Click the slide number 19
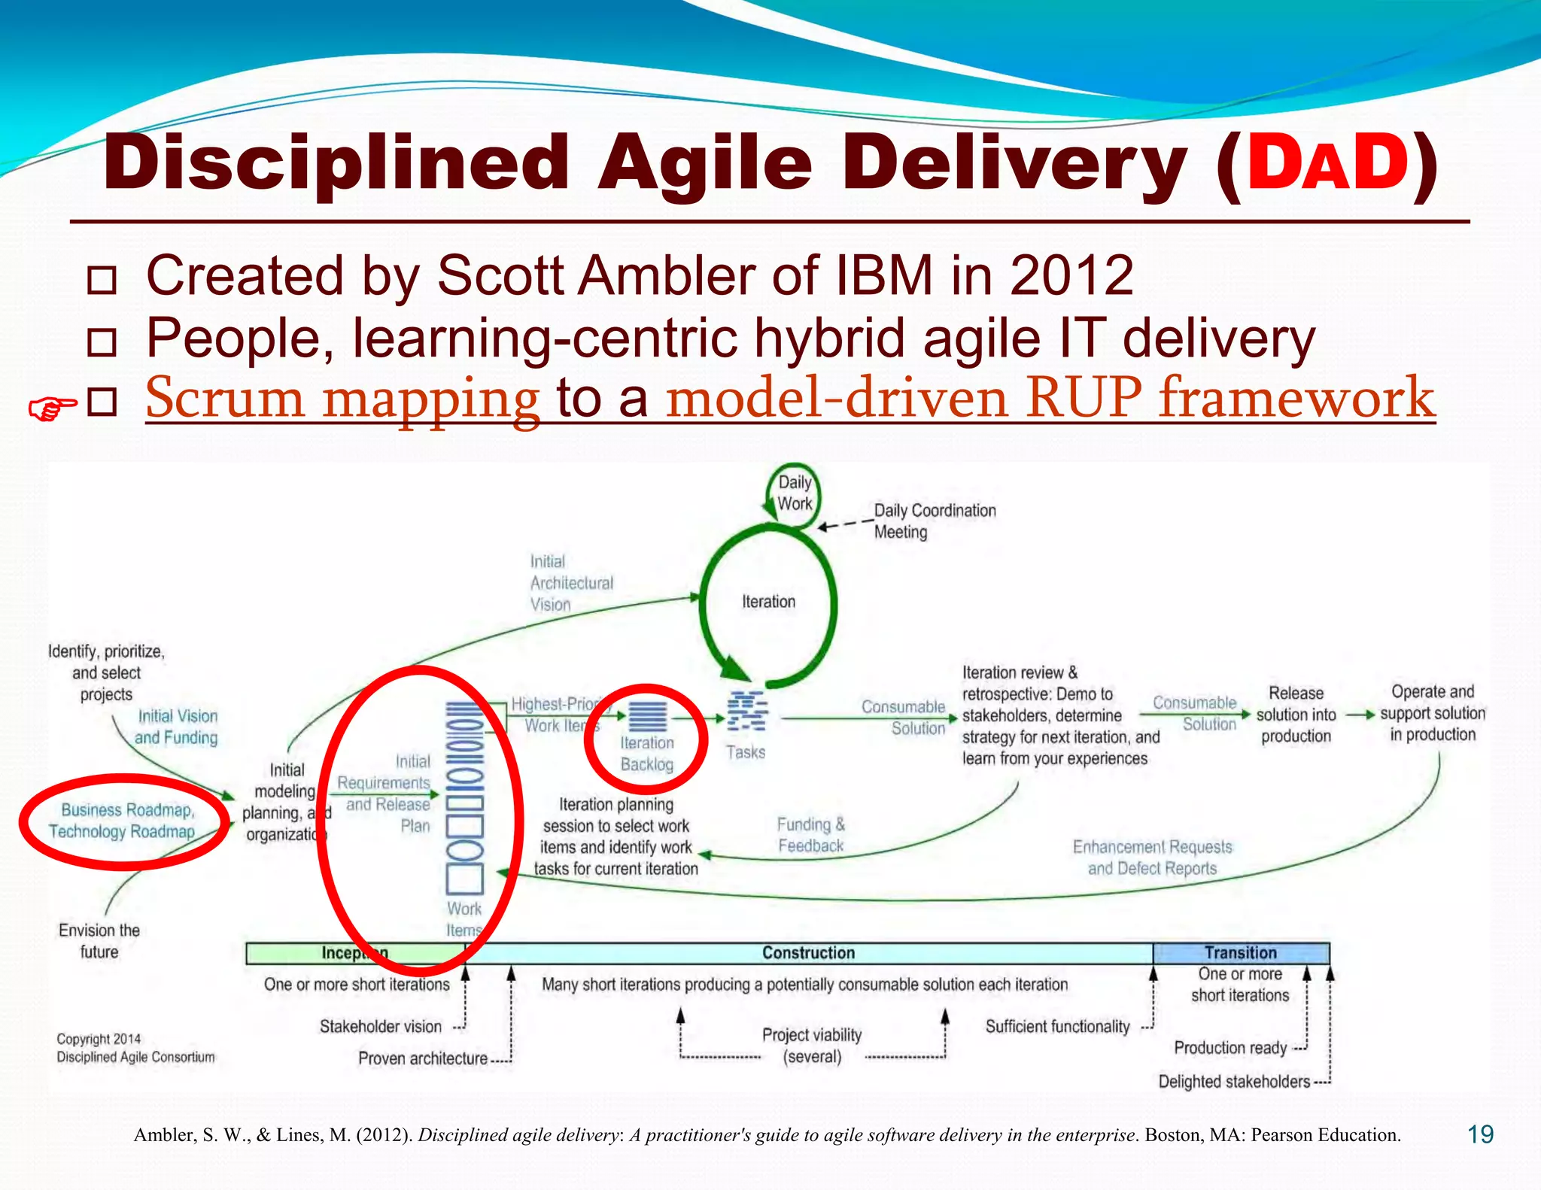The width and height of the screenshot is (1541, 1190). click(1480, 1134)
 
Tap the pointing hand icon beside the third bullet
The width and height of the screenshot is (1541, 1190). click(51, 408)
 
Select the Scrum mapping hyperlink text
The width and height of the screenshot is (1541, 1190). click(342, 398)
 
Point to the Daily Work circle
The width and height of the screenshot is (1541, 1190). click(794, 493)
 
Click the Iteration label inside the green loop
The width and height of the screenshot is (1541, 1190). click(768, 602)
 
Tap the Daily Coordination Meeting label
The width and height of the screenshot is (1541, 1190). click(934, 521)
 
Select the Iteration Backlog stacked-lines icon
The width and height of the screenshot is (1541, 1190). click(647, 716)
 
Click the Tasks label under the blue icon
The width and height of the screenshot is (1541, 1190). click(745, 752)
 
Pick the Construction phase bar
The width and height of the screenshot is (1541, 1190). click(808, 953)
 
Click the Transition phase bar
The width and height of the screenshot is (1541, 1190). click(1240, 953)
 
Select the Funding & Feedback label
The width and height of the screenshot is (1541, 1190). click(810, 835)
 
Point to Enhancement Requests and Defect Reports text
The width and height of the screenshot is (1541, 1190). click(1152, 858)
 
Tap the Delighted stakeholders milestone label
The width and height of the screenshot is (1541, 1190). click(1234, 1082)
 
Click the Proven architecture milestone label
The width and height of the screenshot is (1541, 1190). click(423, 1058)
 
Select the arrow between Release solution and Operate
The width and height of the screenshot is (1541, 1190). click(1360, 715)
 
